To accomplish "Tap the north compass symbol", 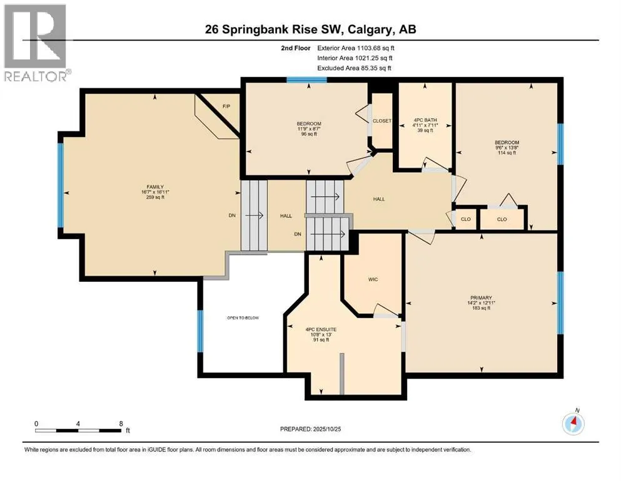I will click(573, 424).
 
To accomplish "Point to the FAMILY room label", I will click(154, 187).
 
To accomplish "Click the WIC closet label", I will click(373, 279).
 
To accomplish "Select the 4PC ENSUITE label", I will click(321, 329).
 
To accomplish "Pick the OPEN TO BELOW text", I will click(243, 318).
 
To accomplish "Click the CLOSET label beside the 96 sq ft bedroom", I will click(381, 121).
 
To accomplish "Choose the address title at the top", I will click(311, 29).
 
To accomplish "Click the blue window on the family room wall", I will click(61, 185).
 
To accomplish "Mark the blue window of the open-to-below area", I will click(200, 331).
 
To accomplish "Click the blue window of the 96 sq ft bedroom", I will click(300, 80).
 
